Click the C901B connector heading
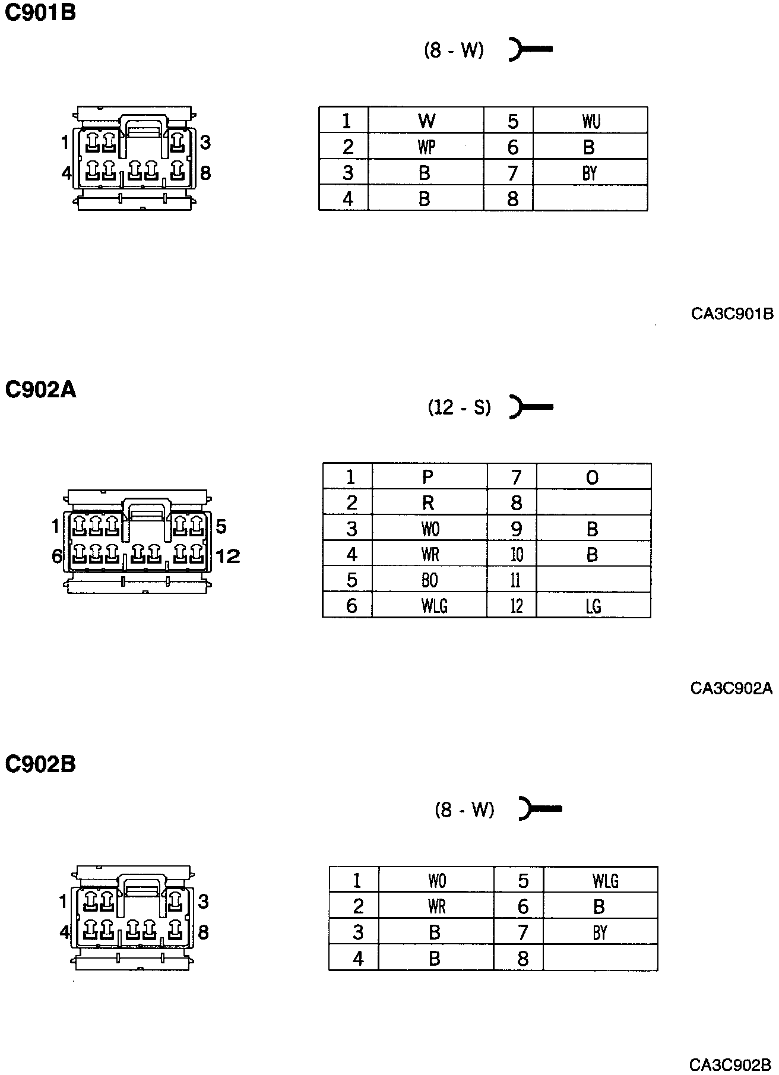click(x=40, y=13)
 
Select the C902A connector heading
click(x=40, y=390)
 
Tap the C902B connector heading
click(x=40, y=764)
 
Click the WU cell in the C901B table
click(x=591, y=121)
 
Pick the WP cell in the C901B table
click(x=426, y=147)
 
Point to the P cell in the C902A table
click(x=428, y=477)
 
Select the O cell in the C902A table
click(x=592, y=478)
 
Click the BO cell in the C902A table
click(x=429, y=580)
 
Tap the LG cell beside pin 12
click(x=593, y=606)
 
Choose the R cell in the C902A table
click(x=428, y=503)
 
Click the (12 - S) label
click(x=460, y=407)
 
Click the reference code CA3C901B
click(x=732, y=314)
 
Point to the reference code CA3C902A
click(x=731, y=688)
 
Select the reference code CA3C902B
click(x=730, y=1063)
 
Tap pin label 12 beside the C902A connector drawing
click(x=228, y=557)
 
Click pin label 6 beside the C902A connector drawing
click(x=57, y=557)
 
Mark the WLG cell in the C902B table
click(x=605, y=880)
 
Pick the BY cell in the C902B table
click(x=600, y=932)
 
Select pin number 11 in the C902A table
click(x=515, y=580)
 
